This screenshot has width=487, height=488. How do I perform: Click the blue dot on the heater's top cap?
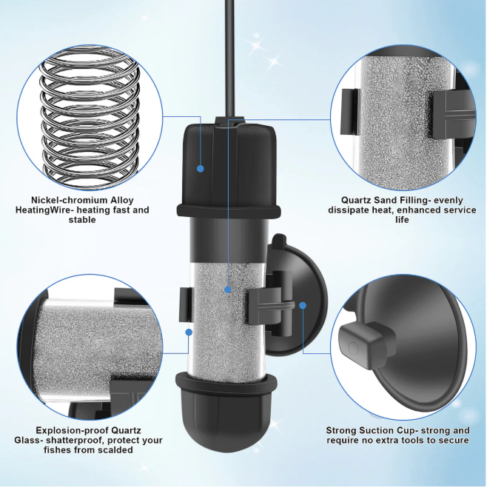(201, 169)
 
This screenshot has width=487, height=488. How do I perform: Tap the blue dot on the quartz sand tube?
(228, 290)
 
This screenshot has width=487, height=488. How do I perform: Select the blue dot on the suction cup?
(303, 305)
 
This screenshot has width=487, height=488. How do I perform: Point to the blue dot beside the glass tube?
(189, 332)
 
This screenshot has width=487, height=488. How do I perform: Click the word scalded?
(115, 450)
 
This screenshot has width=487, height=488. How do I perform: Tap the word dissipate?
(349, 210)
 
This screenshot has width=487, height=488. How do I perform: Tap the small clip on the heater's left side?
(185, 305)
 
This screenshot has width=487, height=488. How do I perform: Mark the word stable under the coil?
(82, 220)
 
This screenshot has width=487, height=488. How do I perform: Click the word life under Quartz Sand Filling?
(402, 220)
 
